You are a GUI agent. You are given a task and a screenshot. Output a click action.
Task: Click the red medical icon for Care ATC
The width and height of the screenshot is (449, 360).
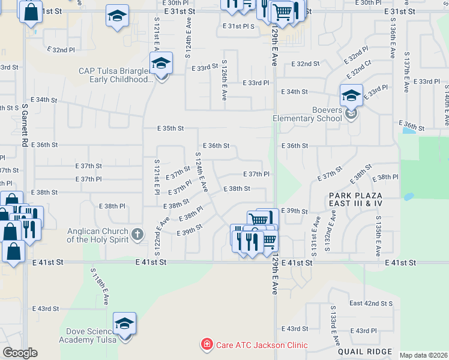[206, 344]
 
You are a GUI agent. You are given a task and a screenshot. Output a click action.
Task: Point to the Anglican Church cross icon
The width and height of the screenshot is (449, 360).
[137, 234]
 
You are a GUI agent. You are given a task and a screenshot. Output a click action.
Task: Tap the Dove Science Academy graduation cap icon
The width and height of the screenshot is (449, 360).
[124, 325]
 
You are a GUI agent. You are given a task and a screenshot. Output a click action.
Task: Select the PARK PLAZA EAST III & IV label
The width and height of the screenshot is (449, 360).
[355, 200]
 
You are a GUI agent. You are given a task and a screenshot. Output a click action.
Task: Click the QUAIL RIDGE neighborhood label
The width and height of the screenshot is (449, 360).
[365, 352]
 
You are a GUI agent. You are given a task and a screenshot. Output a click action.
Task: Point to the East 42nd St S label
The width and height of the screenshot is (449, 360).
[371, 304]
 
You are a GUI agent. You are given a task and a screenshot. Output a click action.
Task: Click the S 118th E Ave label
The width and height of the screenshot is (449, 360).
[99, 287]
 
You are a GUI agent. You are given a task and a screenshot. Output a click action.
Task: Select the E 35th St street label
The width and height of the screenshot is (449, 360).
[170, 128]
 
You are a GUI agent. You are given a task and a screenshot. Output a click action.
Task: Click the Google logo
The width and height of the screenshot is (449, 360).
[20, 352]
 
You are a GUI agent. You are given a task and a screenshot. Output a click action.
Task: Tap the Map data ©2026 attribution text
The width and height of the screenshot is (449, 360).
[423, 355]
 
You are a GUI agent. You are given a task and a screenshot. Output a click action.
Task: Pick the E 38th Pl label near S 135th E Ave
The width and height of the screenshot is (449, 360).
[385, 178]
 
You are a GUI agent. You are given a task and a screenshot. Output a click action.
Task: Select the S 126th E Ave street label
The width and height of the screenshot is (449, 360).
[224, 79]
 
